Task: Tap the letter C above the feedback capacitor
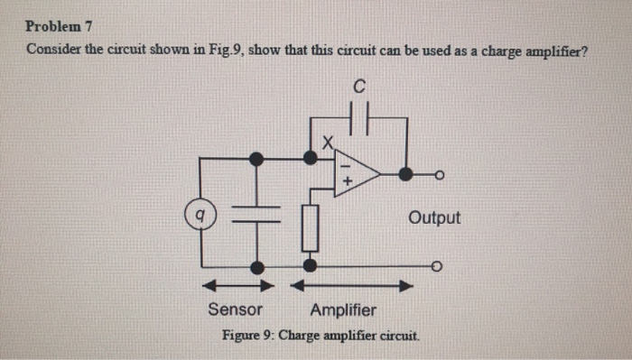tap(359, 88)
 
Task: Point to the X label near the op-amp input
tap(330, 141)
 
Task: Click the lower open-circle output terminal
tap(437, 267)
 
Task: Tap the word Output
tap(434, 217)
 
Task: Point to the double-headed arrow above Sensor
tap(237, 286)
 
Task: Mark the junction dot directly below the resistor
tap(311, 266)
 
